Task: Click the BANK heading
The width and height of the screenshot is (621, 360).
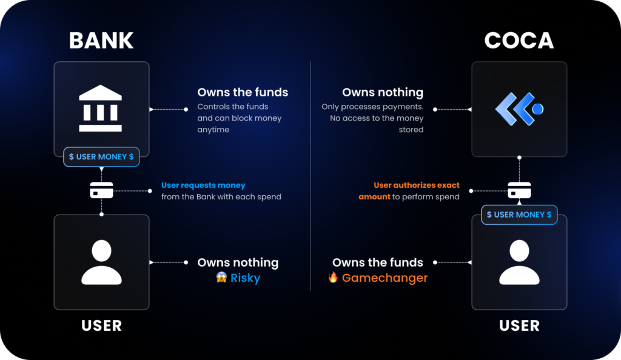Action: pyautogui.click(x=101, y=41)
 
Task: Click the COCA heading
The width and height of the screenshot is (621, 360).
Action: pyautogui.click(x=519, y=41)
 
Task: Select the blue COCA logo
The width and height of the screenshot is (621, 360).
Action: pyautogui.click(x=519, y=109)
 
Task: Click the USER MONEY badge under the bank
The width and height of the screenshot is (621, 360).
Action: pyautogui.click(x=101, y=156)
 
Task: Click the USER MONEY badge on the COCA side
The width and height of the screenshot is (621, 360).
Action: pyautogui.click(x=519, y=215)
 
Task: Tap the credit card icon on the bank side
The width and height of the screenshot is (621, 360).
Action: pyautogui.click(x=101, y=190)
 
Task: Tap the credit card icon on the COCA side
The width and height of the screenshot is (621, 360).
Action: pyautogui.click(x=519, y=190)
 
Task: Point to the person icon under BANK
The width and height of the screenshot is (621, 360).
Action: pyautogui.click(x=101, y=262)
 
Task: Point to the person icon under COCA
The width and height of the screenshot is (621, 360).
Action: pyautogui.click(x=519, y=262)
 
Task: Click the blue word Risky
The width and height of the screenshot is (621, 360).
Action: pyautogui.click(x=245, y=278)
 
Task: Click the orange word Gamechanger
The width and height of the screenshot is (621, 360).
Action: pyautogui.click(x=384, y=278)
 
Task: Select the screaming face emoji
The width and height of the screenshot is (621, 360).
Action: pyautogui.click(x=221, y=278)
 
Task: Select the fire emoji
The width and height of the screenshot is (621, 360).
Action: pyautogui.click(x=333, y=277)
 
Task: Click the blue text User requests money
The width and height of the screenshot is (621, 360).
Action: pyautogui.click(x=203, y=185)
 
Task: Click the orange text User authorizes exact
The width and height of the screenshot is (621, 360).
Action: pyautogui.click(x=417, y=185)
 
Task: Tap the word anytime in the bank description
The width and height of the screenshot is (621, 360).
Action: pyautogui.click(x=213, y=130)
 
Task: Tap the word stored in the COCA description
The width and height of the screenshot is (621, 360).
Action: pyautogui.click(x=411, y=130)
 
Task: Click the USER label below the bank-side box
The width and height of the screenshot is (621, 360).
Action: pyautogui.click(x=101, y=325)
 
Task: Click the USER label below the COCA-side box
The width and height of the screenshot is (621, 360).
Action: pyautogui.click(x=519, y=325)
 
